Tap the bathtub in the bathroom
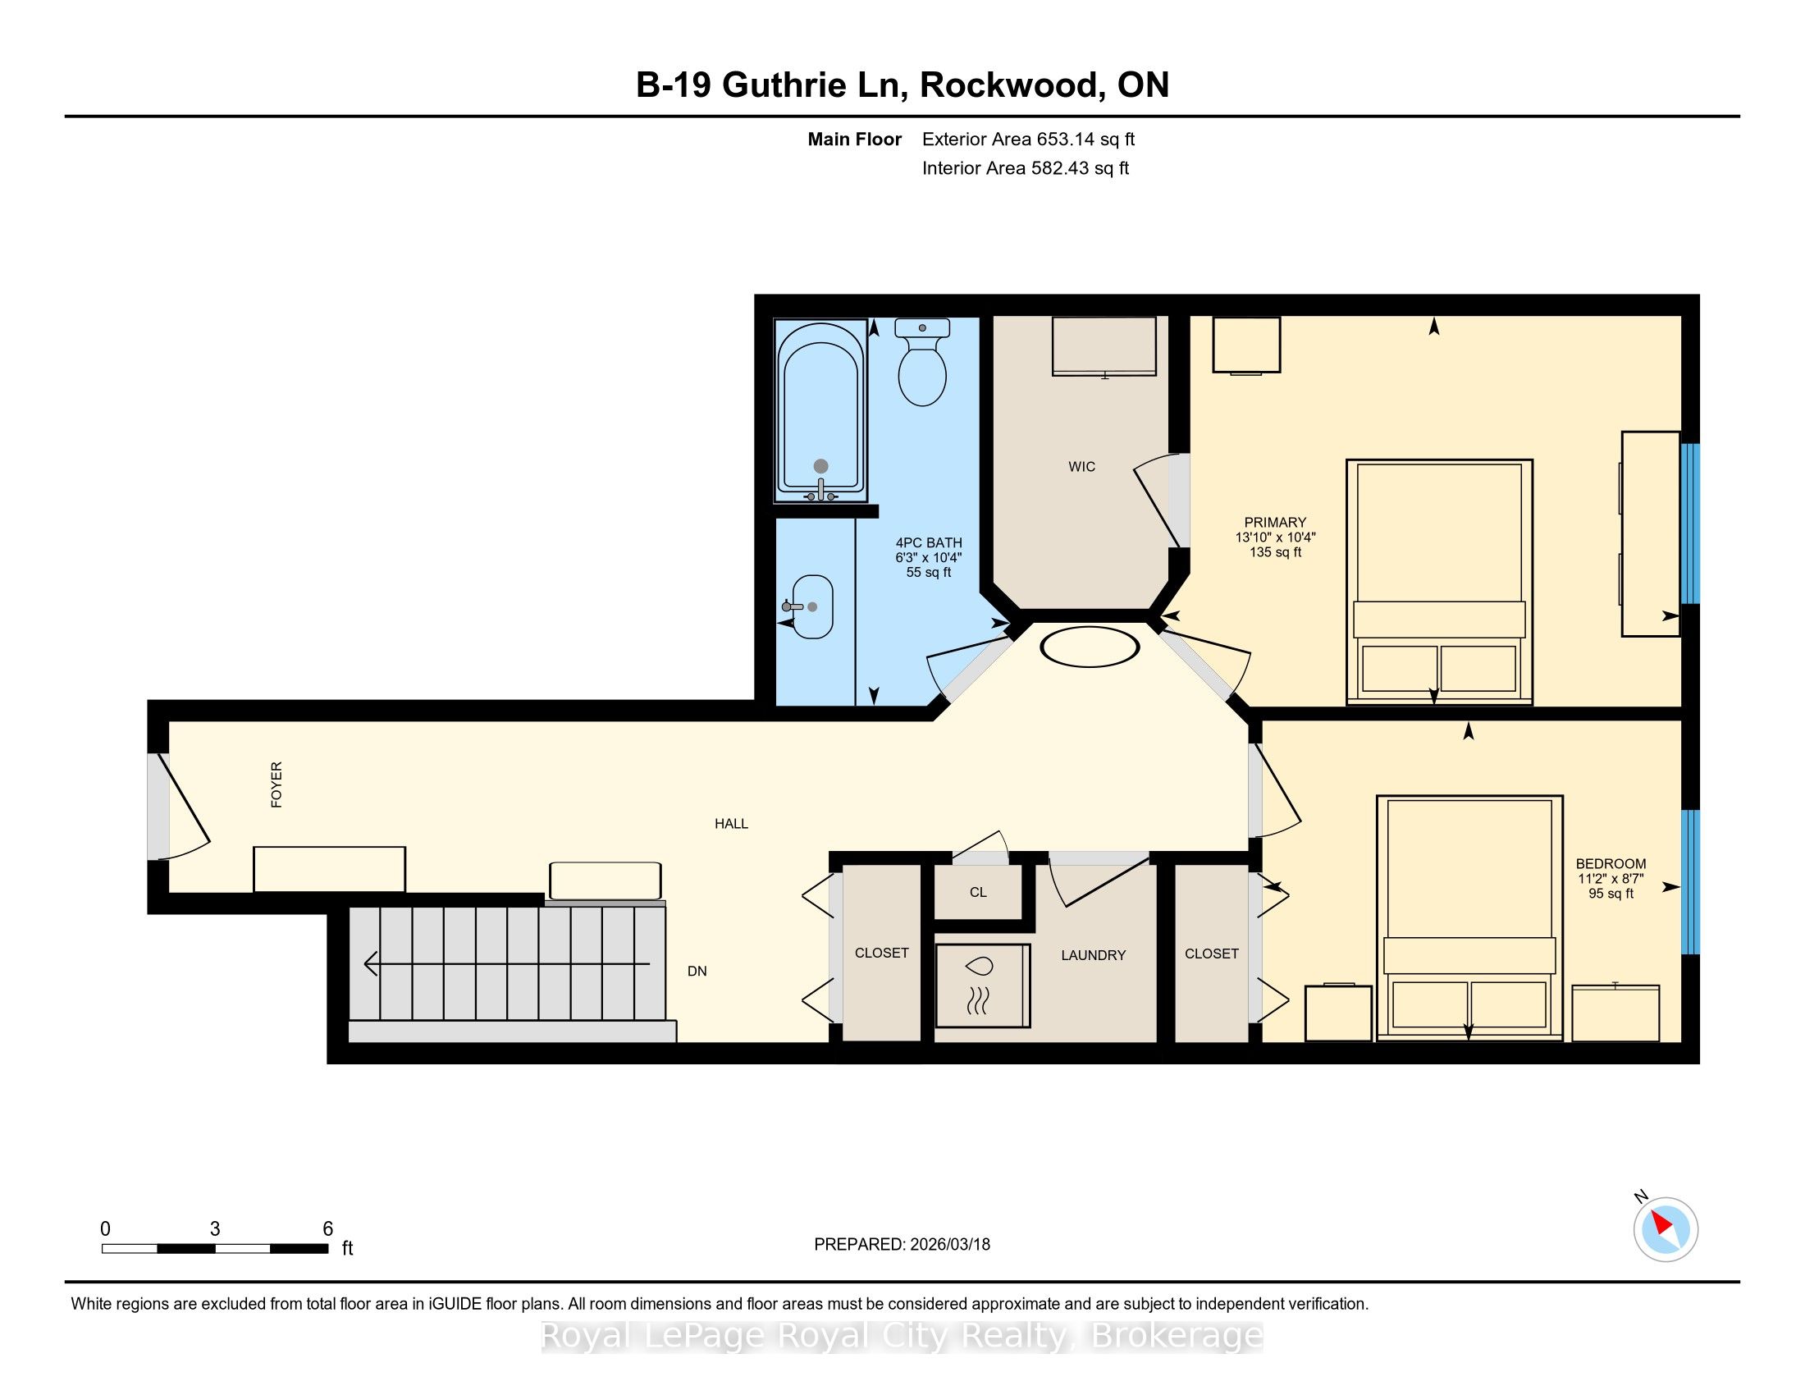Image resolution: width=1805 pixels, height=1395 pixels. [820, 411]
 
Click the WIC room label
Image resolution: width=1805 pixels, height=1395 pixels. [1081, 467]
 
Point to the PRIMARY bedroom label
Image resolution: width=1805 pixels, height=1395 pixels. [1275, 522]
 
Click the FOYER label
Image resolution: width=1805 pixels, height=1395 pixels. [276, 784]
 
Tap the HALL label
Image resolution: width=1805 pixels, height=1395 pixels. [731, 824]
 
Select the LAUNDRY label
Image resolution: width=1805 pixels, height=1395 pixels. [1094, 955]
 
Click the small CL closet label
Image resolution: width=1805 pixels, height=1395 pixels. [979, 893]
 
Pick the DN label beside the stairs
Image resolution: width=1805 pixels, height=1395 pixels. [697, 971]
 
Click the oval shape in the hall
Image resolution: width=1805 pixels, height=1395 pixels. [1089, 647]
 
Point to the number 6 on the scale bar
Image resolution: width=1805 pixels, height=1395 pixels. [327, 1229]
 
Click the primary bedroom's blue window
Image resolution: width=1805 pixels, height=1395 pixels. [1690, 524]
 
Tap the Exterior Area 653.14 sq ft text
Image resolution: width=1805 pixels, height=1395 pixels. [1028, 139]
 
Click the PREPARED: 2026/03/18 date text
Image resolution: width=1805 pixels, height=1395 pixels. [902, 1245]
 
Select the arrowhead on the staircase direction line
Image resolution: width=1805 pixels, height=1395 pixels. [371, 963]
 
